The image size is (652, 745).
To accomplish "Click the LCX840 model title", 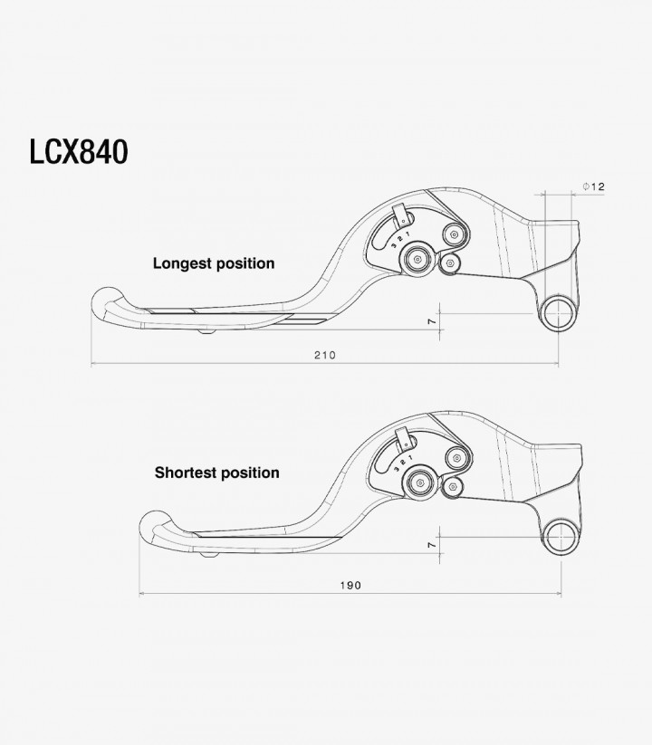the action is coord(79,152).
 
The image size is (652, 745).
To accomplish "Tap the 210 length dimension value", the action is coord(325,355).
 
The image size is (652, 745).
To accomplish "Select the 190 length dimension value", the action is coord(350,586).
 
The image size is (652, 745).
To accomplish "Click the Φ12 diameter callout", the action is coord(594,186).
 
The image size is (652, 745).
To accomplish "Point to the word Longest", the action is coord(183,263).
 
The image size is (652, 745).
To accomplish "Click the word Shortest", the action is coord(185,473).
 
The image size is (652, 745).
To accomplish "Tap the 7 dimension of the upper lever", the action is coord(432,321).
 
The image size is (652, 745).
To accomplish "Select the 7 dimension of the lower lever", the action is coord(432,545).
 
